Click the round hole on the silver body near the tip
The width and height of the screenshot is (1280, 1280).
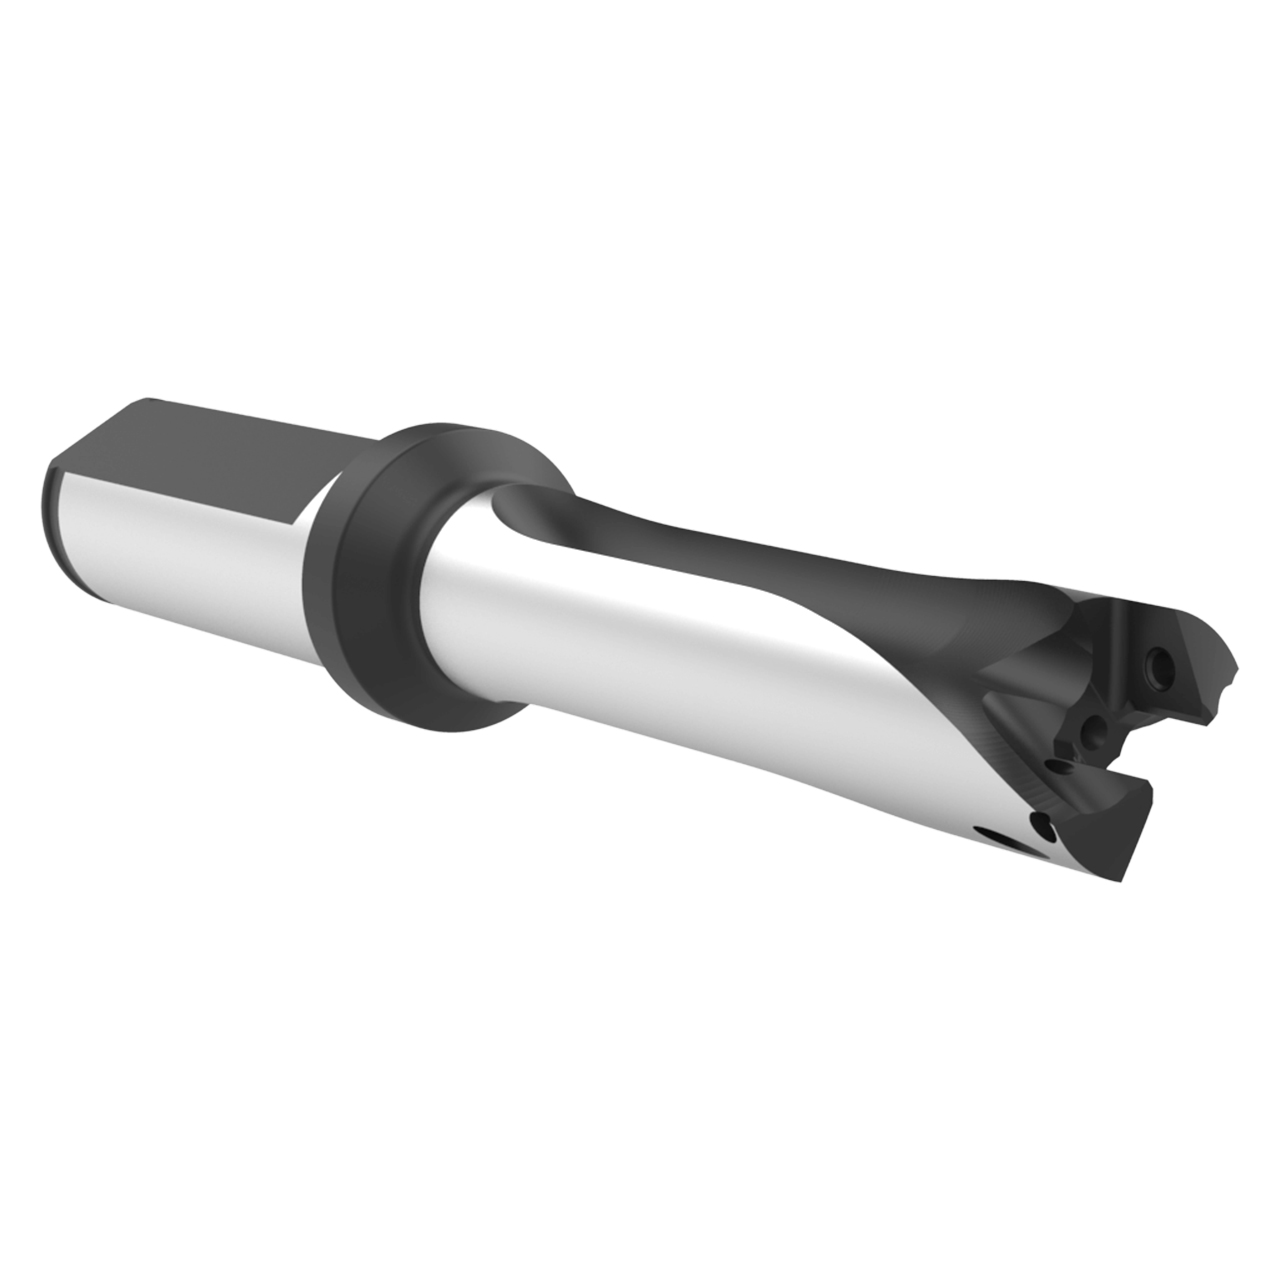(1041, 827)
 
